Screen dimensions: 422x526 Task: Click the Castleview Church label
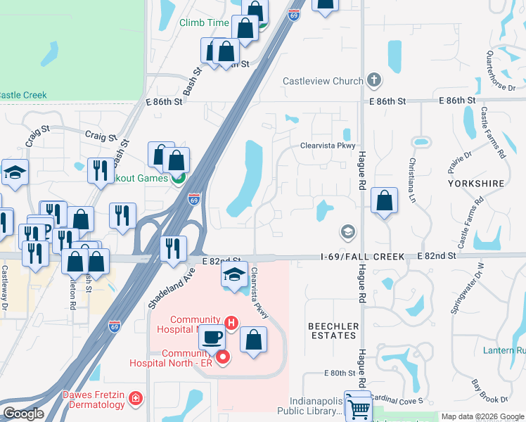323,81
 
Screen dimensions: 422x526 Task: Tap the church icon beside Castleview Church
374,80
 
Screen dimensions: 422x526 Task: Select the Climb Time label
204,23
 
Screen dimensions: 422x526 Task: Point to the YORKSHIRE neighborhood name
476,184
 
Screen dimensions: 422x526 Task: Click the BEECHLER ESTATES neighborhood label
333,331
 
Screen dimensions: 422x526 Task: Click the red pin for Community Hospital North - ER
224,357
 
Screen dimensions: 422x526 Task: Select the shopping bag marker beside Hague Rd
384,201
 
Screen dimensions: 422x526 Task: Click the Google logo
23,414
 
